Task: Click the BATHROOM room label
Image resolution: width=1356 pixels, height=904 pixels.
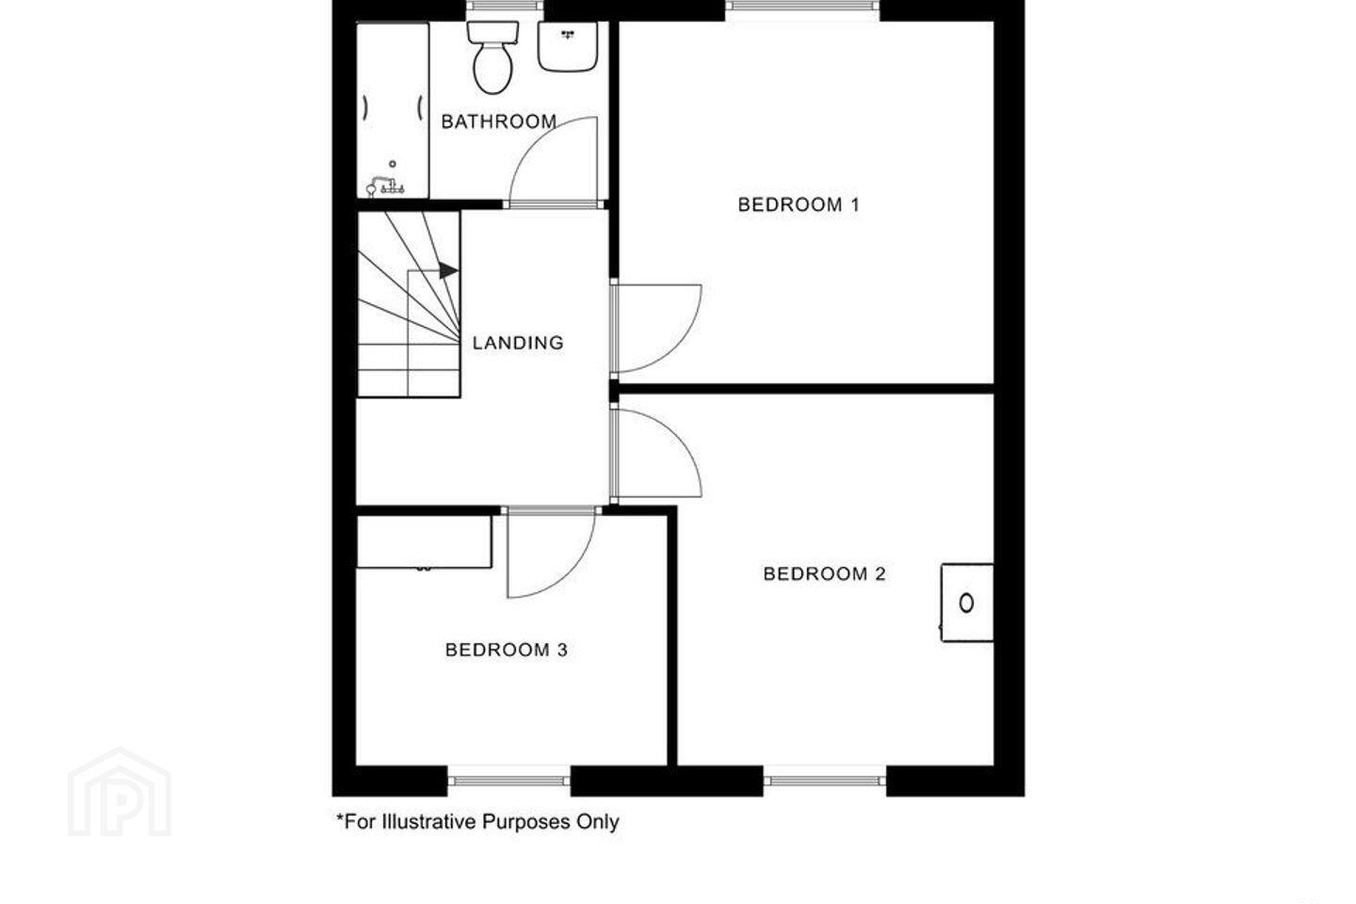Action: (499, 121)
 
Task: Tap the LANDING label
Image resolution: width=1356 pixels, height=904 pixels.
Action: (518, 343)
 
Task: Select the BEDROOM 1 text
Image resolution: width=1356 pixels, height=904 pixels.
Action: (799, 204)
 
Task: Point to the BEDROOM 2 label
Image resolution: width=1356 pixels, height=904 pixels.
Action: (825, 573)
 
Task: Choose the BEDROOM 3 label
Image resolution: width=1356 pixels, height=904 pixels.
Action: (506, 650)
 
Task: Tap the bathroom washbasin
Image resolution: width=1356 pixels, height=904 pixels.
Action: (568, 46)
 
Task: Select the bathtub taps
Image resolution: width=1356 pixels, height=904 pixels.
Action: (386, 186)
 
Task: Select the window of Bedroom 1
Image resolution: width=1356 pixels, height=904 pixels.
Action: (802, 6)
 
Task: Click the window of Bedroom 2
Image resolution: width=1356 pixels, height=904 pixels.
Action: (825, 781)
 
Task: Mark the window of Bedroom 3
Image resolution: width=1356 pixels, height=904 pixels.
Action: (509, 781)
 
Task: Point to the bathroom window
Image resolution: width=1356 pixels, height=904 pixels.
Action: (505, 6)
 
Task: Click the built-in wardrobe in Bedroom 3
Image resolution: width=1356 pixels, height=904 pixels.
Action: (424, 541)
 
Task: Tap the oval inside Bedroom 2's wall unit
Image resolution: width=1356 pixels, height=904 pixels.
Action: (967, 603)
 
